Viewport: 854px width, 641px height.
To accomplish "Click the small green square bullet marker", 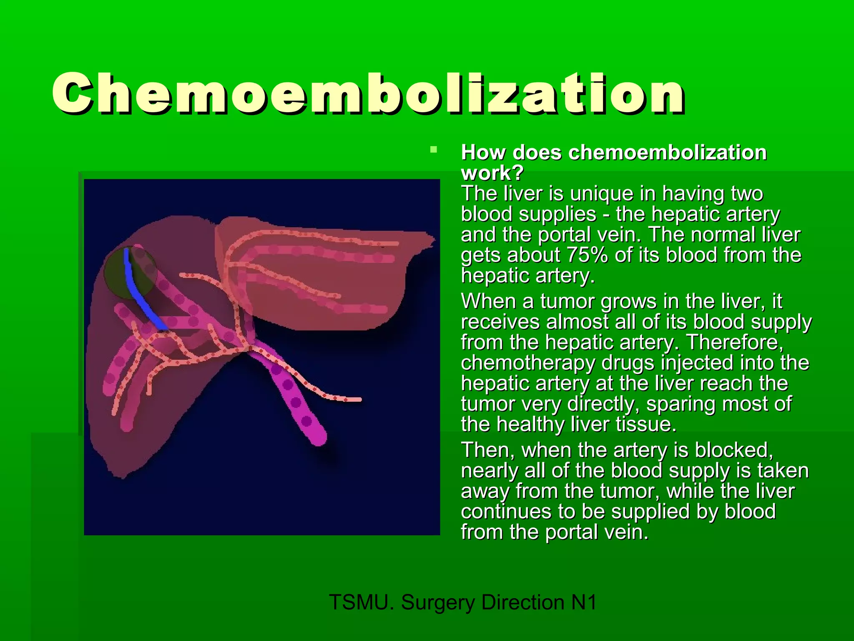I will pyautogui.click(x=434, y=149).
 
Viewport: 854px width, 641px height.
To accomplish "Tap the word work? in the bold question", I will pyautogui.click(x=492, y=173).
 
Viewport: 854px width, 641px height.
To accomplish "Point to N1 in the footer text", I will pyautogui.click(x=583, y=602).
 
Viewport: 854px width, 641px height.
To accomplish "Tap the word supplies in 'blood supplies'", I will pyautogui.click(x=558, y=214).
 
